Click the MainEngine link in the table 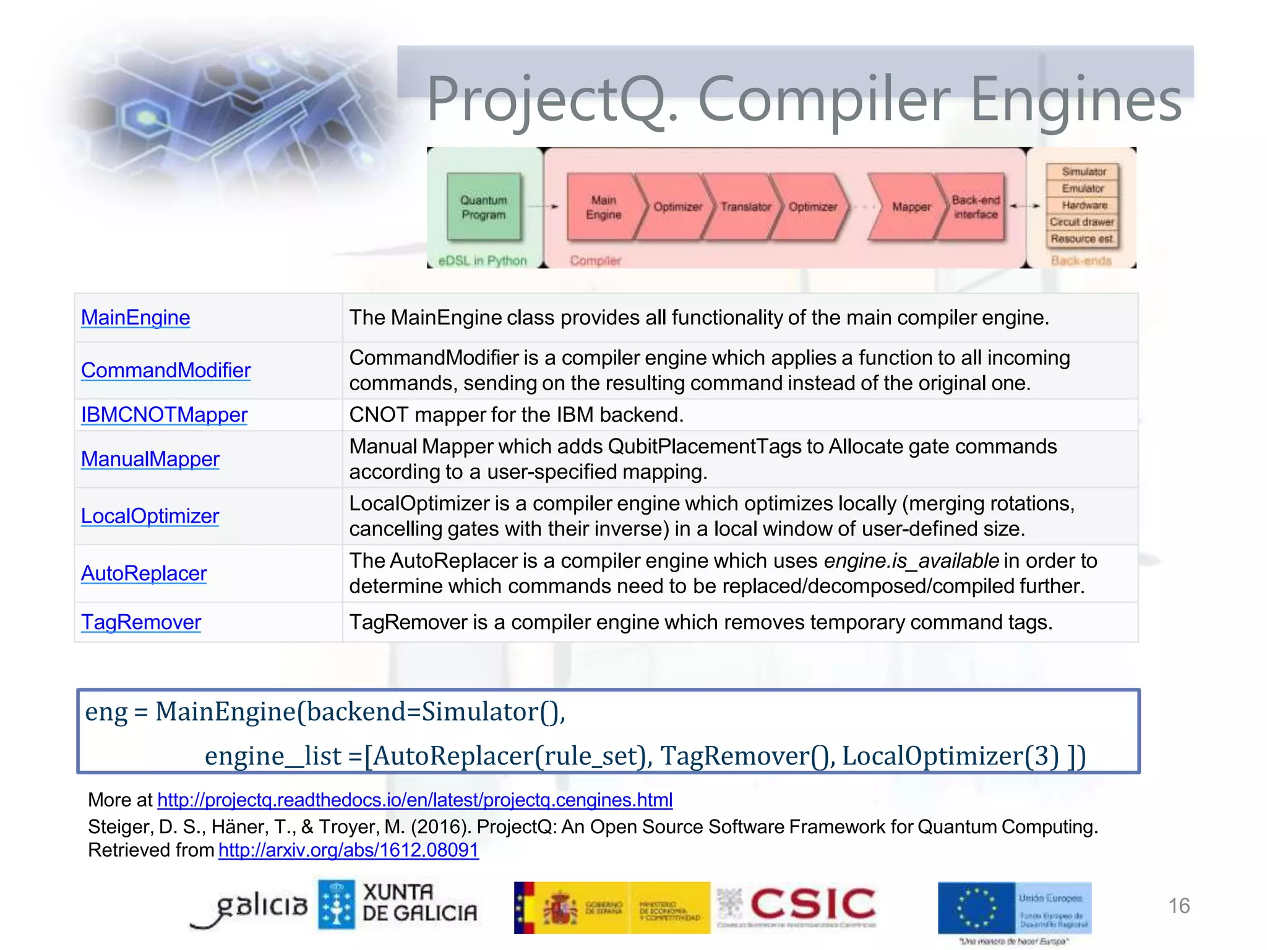[135, 317]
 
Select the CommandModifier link [166, 370]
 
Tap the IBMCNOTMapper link [164, 414]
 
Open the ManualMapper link [150, 459]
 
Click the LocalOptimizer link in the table [150, 516]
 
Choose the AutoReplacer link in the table [144, 573]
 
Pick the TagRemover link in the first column [141, 622]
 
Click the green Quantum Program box [484, 207]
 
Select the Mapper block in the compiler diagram [910, 207]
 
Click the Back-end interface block [974, 207]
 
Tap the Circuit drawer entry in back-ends [1081, 222]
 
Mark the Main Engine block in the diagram [603, 207]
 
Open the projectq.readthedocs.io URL [414, 800]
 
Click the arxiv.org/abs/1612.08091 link [348, 850]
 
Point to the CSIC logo [812, 904]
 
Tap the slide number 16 [1179, 905]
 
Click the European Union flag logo [976, 908]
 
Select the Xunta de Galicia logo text [419, 902]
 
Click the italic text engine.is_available [911, 561]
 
